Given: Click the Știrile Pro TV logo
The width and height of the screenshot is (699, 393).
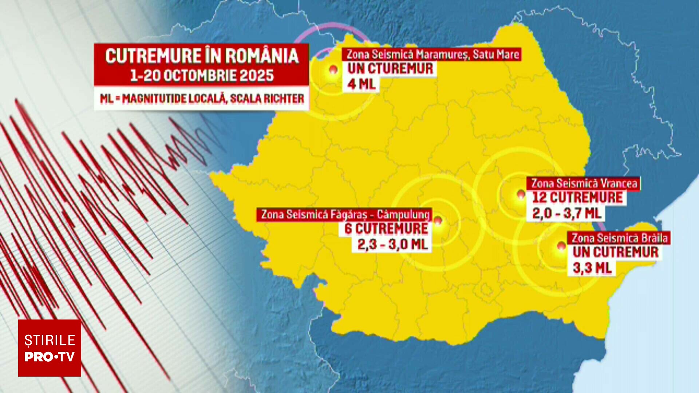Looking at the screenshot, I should point(50,348).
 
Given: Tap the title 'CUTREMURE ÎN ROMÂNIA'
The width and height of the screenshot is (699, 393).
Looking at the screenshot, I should point(202,56).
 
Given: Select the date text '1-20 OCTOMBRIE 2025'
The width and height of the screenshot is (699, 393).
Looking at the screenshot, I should point(202,76).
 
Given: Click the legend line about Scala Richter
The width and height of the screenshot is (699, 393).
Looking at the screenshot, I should point(202,98).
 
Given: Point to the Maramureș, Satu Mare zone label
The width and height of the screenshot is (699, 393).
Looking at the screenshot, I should point(432,55).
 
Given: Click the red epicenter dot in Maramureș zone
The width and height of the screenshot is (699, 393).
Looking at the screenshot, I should point(333,70).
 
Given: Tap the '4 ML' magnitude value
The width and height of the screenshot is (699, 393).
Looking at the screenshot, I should point(361,84).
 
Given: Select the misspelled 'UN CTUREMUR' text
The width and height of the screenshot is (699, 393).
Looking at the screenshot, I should point(390,69).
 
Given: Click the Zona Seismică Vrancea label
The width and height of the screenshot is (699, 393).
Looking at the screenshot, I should point(584,183).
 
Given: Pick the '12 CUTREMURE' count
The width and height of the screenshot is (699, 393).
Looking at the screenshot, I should point(577,198).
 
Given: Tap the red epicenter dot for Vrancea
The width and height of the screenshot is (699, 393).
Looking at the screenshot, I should point(521,194).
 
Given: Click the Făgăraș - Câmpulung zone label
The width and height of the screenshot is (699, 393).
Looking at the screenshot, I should point(345,214).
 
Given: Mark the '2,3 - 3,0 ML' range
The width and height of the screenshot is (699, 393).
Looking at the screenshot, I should point(392,244).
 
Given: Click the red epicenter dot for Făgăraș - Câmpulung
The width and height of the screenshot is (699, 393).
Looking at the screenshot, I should point(438,220).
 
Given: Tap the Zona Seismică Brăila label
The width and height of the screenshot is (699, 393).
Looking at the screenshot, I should point(619,238).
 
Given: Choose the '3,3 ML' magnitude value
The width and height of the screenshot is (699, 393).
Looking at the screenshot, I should point(592,268).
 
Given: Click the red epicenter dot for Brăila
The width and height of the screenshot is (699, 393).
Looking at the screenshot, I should point(561,246).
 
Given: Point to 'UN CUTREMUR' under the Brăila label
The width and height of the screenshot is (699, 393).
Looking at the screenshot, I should point(616,252).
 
